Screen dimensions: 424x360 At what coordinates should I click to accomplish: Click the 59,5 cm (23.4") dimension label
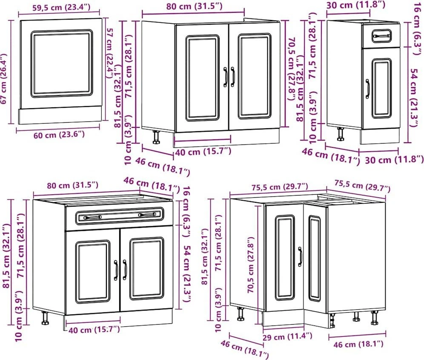62,7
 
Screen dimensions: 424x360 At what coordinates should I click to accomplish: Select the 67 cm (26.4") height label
4,79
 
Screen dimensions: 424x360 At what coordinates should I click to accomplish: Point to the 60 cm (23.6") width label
59,134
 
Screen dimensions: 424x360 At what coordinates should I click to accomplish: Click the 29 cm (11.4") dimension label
287,337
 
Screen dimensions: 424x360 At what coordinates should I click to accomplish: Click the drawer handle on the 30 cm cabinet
381,36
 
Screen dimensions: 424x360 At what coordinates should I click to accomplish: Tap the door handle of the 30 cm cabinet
367,89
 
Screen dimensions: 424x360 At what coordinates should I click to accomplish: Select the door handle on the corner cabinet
300,256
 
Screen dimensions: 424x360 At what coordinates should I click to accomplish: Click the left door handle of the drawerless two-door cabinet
225,77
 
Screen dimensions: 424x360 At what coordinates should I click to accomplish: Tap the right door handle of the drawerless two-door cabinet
233,77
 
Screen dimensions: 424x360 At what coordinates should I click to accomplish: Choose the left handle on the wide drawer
92,217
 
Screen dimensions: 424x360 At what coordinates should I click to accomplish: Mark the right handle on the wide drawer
147,215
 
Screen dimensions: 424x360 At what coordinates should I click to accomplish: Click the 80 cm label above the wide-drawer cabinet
72,185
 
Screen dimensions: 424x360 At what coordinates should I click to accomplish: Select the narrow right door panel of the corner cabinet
315,259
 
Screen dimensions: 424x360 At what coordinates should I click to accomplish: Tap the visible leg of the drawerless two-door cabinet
156,137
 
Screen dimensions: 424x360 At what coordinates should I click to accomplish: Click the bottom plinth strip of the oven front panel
60,115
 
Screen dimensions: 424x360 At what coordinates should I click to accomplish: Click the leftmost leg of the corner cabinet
240,314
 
